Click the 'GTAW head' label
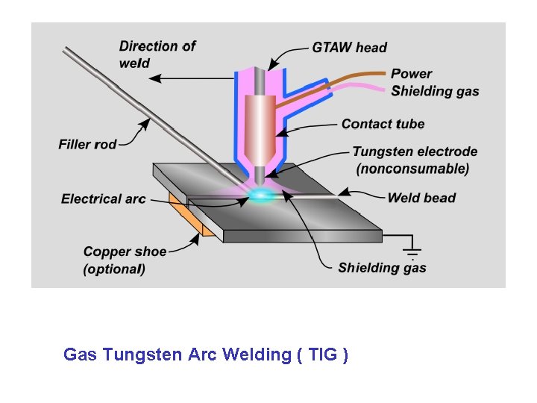349,47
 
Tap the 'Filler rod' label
87,144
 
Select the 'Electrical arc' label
103,199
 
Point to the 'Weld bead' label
421,198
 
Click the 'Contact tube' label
383,124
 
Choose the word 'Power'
412,74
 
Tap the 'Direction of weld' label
157,54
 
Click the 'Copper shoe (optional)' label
125,260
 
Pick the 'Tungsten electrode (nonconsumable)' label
414,160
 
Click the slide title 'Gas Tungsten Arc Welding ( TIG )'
206,354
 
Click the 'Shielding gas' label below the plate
382,267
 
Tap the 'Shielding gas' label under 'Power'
435,91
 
